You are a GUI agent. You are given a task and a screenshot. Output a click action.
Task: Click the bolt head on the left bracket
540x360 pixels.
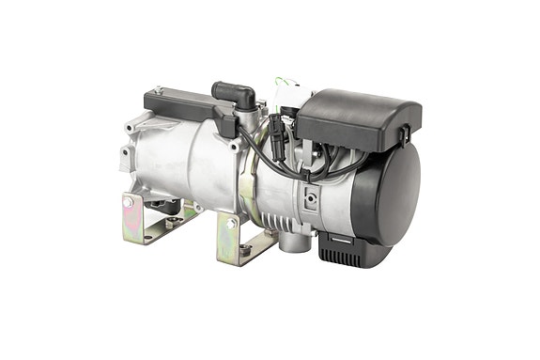tap(128, 202)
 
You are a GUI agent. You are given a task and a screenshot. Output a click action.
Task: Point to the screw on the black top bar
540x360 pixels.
tap(159, 90)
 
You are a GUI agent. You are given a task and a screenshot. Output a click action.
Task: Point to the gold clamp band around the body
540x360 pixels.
tap(246, 184)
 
